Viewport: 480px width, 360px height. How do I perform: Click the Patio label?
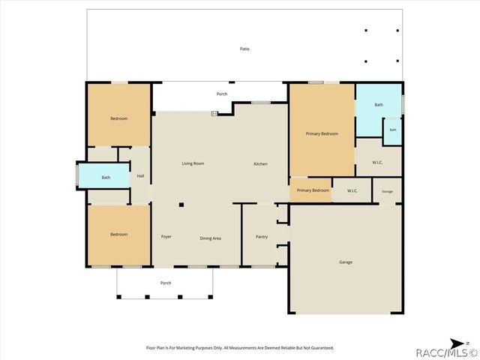click(x=244, y=49)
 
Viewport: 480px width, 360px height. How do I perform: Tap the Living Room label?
click(x=193, y=163)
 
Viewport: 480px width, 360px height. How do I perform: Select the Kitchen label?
click(x=261, y=164)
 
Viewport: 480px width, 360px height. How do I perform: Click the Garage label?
click(x=346, y=262)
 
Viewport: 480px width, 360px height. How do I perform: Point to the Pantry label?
click(x=262, y=237)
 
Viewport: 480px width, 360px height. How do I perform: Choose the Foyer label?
click(x=166, y=237)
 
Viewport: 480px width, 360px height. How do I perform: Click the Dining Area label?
click(x=210, y=238)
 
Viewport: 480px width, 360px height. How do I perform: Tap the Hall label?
click(x=140, y=175)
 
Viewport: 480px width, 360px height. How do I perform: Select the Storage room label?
click(x=387, y=192)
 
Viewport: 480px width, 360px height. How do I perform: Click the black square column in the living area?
click(x=181, y=205)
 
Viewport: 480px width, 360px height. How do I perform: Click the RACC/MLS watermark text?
click(x=447, y=352)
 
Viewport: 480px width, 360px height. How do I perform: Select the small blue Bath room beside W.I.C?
click(x=393, y=131)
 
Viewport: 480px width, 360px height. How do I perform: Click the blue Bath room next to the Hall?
click(x=104, y=175)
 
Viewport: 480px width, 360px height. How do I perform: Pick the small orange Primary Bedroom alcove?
click(x=310, y=190)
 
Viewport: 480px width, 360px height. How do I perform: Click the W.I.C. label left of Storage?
click(x=352, y=190)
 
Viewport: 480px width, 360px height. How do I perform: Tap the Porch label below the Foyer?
click(x=166, y=283)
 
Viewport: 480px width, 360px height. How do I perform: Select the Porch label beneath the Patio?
click(x=222, y=94)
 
